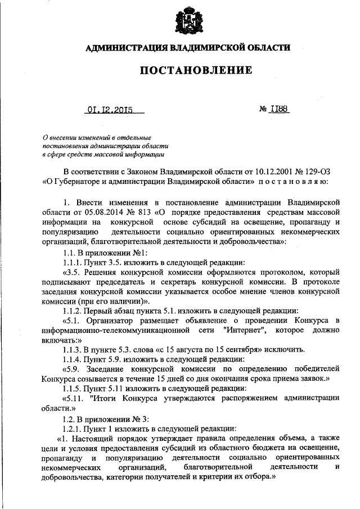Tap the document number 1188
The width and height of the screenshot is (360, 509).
pos(279,110)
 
